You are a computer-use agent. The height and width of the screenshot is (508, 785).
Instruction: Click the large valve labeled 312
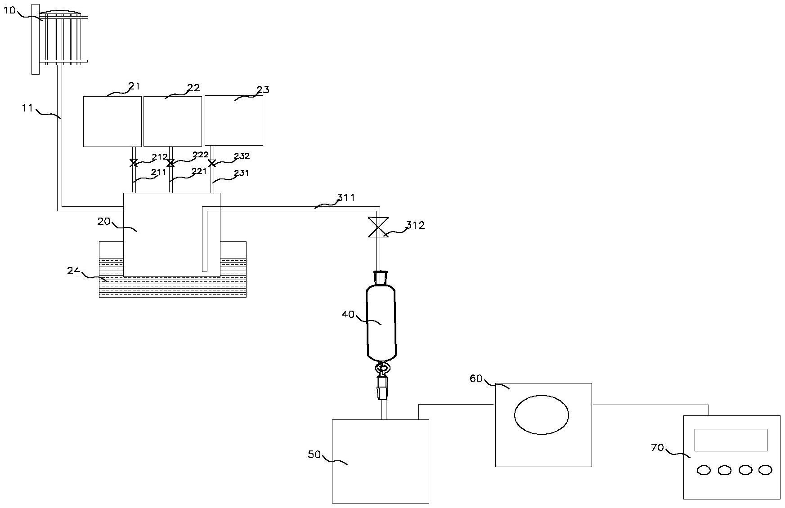click(x=378, y=227)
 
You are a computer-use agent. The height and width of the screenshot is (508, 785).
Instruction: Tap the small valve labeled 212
click(x=134, y=163)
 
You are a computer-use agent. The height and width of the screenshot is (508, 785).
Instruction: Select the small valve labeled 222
click(x=170, y=163)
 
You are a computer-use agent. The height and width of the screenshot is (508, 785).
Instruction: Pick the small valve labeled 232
click(x=212, y=163)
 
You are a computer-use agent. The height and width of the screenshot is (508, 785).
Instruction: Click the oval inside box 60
click(x=541, y=414)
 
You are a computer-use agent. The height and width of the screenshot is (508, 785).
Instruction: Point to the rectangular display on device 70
click(x=731, y=440)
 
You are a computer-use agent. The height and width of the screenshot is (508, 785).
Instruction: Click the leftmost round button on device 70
click(x=704, y=470)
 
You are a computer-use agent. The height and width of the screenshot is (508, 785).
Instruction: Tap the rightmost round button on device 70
click(x=765, y=470)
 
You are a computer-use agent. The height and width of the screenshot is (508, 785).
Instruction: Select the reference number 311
click(x=346, y=198)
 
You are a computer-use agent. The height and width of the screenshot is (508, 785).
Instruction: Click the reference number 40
click(x=348, y=315)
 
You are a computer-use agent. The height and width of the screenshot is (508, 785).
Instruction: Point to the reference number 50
click(x=314, y=455)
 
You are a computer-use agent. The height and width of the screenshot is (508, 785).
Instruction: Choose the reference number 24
click(x=73, y=271)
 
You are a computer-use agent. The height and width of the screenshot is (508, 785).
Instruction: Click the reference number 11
click(x=28, y=108)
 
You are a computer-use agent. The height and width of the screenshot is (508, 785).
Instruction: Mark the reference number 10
click(x=9, y=10)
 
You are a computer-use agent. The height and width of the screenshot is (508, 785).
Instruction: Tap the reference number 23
click(x=263, y=89)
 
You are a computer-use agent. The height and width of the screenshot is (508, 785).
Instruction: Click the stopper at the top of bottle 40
click(x=381, y=277)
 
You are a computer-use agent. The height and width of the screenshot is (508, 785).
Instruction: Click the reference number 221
click(x=199, y=171)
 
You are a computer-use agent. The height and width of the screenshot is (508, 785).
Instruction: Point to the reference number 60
click(x=476, y=379)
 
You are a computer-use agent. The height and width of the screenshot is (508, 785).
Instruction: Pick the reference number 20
click(x=104, y=221)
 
